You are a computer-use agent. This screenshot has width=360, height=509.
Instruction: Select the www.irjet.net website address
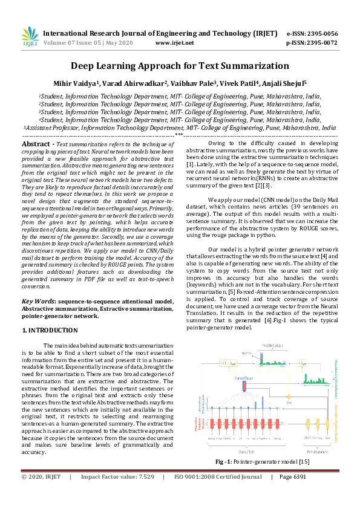coord(175,43)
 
